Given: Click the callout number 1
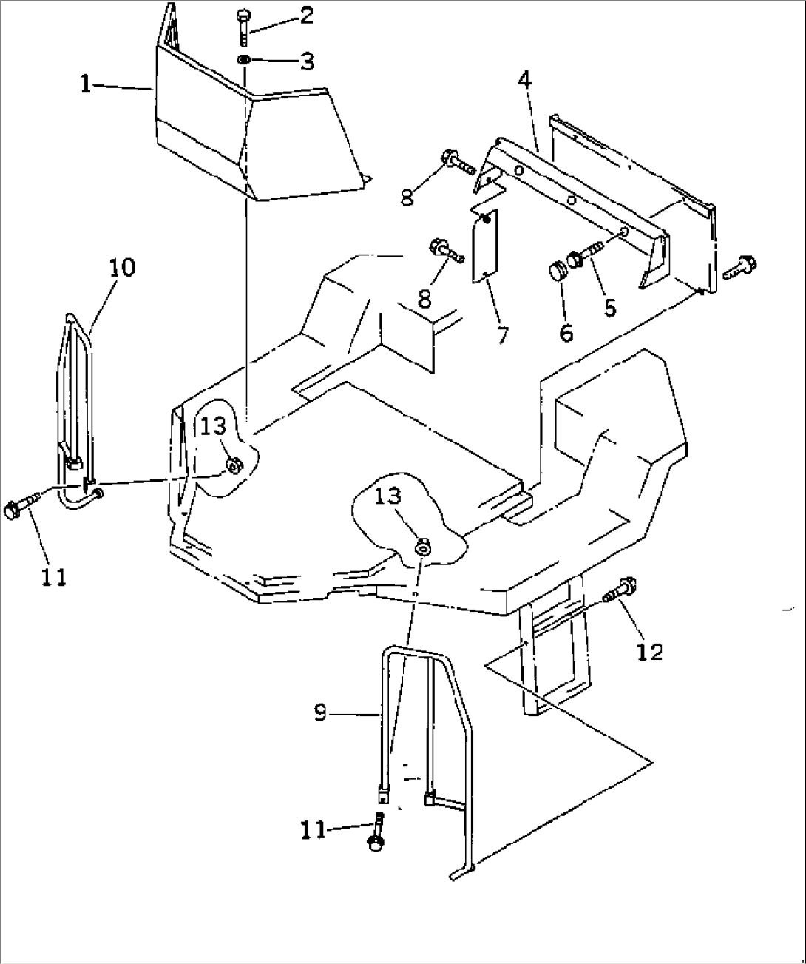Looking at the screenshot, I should click(86, 86).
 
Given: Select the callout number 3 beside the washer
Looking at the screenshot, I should click(306, 61).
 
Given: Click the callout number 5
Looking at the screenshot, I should click(610, 306).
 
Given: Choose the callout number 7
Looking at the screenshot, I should click(502, 334).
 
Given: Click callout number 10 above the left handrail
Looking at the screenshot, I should click(123, 267).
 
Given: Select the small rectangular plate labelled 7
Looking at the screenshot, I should click(485, 246).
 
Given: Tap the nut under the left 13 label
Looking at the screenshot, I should click(231, 466).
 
